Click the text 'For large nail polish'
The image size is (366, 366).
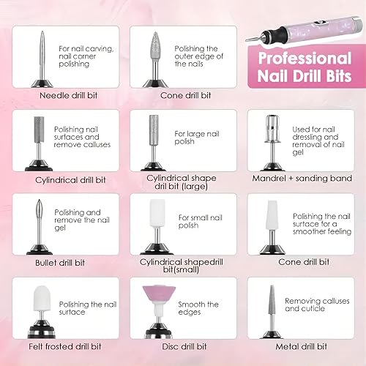[193, 138]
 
